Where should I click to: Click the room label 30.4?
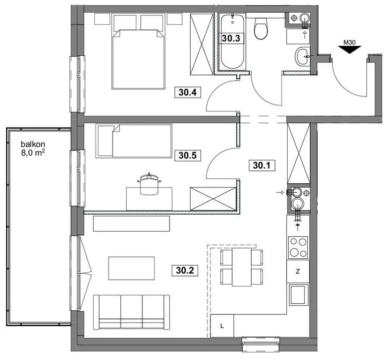point(187,92)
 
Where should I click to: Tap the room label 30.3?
point(231,38)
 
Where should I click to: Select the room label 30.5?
point(187,156)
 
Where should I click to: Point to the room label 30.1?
point(262,165)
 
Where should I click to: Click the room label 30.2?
point(185,270)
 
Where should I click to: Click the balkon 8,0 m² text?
point(33,149)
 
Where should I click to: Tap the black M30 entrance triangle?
point(350,50)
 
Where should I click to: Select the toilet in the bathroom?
point(261,29)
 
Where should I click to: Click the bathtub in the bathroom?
point(232,42)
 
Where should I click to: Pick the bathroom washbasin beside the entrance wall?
point(302,57)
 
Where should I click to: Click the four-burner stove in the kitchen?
point(298,247)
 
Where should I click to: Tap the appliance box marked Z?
point(298,271)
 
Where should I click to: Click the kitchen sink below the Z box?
point(298,295)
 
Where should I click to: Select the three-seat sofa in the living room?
point(131,312)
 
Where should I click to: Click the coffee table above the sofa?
point(131,269)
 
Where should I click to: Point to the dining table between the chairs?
point(241,267)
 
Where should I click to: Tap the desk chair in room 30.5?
point(149,184)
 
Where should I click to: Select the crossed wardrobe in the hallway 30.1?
point(298,153)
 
